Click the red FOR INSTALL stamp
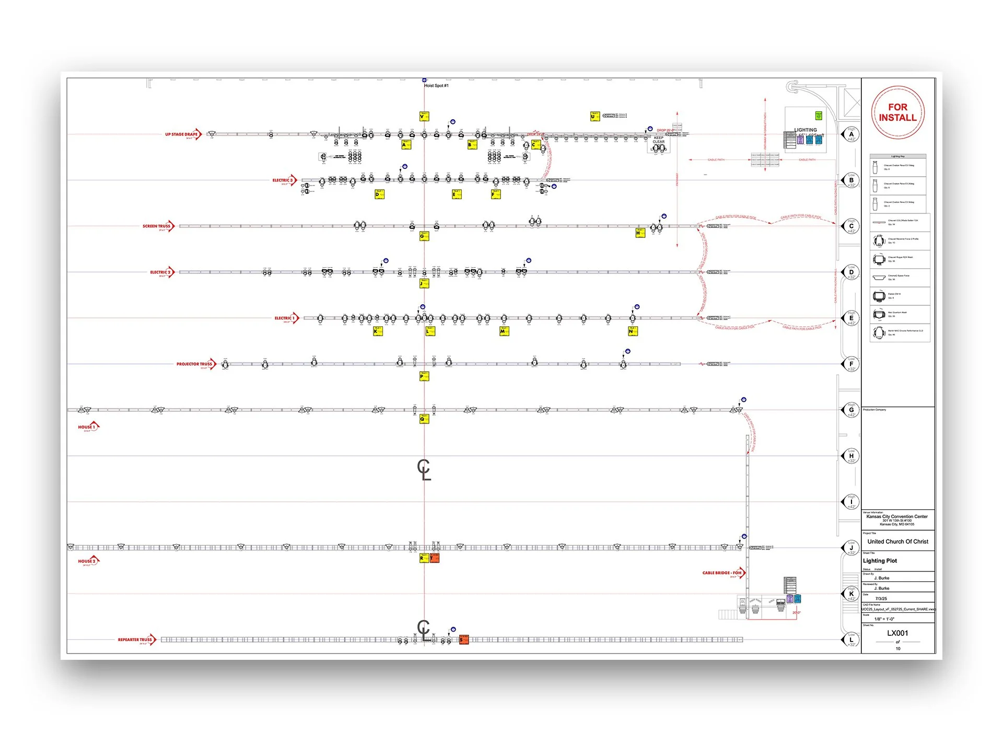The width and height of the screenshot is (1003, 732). tap(897, 112)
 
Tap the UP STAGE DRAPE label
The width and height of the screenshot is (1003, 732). tap(182, 134)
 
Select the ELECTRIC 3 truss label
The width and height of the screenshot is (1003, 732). tap(283, 180)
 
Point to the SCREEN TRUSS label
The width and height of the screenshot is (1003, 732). tap(157, 226)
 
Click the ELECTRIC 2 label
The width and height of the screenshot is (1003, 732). tap(160, 272)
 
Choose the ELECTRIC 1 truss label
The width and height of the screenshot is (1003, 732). tap(285, 318)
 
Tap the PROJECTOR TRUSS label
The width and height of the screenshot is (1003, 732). tap(194, 364)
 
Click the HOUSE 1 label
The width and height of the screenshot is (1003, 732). tap(87, 427)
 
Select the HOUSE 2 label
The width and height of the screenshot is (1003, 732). tap(87, 561)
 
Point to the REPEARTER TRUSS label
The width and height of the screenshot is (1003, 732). tap(135, 639)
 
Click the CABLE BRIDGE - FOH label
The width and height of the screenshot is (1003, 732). tap(722, 573)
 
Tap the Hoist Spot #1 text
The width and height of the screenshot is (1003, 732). tap(436, 86)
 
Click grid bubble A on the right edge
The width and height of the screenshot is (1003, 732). tap(851, 134)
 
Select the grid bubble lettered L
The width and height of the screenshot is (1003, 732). tap(851, 639)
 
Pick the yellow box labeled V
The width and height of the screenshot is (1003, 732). tap(424, 117)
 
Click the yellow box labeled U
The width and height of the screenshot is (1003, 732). tap(594, 117)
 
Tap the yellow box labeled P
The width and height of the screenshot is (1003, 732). tap(424, 376)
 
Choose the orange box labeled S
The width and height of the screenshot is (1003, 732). tap(463, 639)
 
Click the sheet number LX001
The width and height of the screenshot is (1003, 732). tap(897, 633)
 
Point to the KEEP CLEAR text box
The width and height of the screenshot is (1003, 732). tap(658, 140)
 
